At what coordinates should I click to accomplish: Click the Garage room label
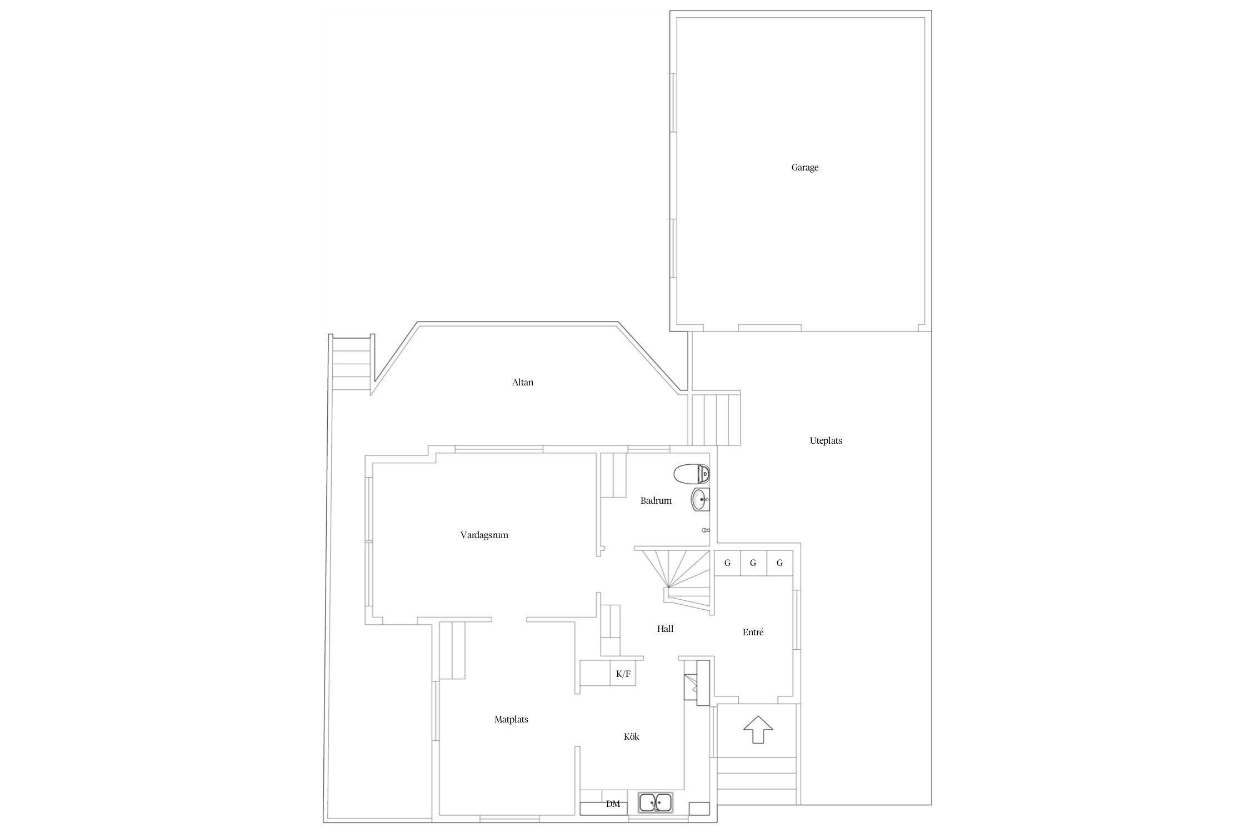[x=804, y=167]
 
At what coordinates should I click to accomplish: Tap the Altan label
[x=522, y=382]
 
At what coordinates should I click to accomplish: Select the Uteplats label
[x=826, y=441]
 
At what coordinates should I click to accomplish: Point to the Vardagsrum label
[x=484, y=535]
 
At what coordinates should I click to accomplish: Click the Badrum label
[x=656, y=500]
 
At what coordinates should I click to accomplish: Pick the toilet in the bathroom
[x=692, y=474]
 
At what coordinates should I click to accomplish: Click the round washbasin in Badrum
[x=701, y=500]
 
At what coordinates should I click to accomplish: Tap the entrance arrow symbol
[x=758, y=730]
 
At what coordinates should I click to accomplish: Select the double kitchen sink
[x=656, y=802]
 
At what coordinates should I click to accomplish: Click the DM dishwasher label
[x=613, y=804]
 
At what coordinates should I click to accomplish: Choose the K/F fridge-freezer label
[x=623, y=674]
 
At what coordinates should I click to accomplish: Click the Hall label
[x=665, y=629]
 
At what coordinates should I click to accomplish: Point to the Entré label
[x=753, y=632]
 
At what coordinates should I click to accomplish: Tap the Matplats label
[x=511, y=719]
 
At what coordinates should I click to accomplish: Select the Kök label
[x=631, y=736]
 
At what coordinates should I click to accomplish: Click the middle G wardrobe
[x=753, y=563]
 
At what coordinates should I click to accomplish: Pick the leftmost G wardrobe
[x=727, y=563]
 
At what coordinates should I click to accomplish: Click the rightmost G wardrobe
[x=779, y=563]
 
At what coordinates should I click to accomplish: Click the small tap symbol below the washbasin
[x=706, y=530]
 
